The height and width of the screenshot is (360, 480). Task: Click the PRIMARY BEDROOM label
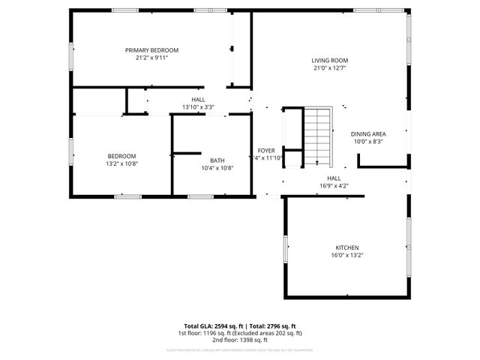point(151,50)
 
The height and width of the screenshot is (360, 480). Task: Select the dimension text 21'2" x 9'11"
point(151,58)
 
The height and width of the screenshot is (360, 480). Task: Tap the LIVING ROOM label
point(330,61)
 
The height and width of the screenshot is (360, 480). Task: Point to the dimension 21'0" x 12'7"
point(330,68)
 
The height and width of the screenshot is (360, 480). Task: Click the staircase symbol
point(318,135)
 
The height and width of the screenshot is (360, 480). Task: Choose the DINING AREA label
point(367,134)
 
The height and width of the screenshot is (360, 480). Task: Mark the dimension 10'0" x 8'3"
point(367,142)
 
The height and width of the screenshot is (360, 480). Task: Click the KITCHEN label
point(346,247)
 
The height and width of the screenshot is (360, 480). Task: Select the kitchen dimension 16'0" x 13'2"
point(346,255)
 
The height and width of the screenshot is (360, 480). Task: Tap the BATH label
point(217,160)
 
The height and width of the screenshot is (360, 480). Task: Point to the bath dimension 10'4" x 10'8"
point(217,168)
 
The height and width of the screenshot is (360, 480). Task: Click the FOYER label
point(266,150)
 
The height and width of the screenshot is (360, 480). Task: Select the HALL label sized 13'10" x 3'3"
point(198,99)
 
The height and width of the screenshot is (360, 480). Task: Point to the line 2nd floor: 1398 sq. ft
point(240,339)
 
